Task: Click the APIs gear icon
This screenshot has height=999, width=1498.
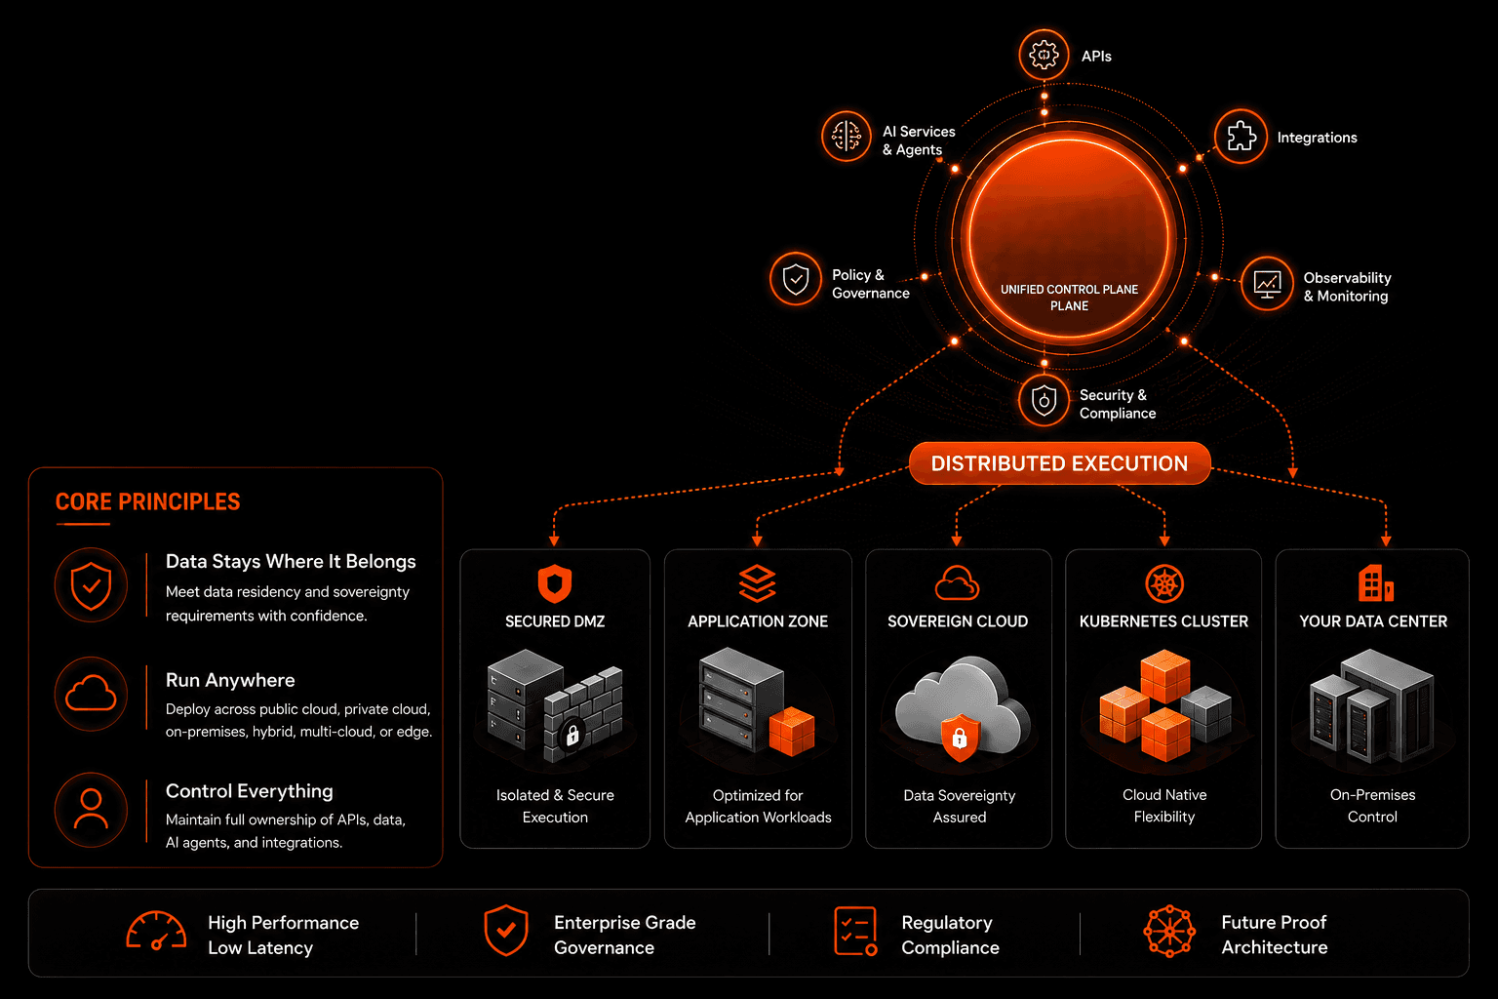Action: pyautogui.click(x=1044, y=55)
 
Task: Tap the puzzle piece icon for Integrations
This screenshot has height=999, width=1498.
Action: pyautogui.click(x=1241, y=137)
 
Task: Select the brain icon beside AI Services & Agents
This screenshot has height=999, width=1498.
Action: pyautogui.click(x=846, y=136)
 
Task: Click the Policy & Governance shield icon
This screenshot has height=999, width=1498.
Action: pyautogui.click(x=795, y=278)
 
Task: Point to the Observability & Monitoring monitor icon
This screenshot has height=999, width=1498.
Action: pyautogui.click(x=1267, y=284)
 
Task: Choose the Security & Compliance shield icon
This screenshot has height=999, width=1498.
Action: pyautogui.click(x=1044, y=400)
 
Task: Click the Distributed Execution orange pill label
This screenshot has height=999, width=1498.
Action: pyautogui.click(x=1059, y=463)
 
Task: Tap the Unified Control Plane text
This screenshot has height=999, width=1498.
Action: pyautogui.click(x=1069, y=298)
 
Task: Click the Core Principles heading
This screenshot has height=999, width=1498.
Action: pyautogui.click(x=148, y=501)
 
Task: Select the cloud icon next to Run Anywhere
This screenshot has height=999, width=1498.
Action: pyautogui.click(x=91, y=694)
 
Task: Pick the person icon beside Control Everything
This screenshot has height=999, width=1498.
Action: pyautogui.click(x=91, y=810)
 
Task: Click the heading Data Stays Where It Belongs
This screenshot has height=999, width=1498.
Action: pyautogui.click(x=291, y=561)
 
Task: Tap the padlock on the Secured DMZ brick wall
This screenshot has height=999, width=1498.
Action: pyautogui.click(x=572, y=734)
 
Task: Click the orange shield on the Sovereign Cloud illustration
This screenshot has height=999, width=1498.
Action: pyautogui.click(x=960, y=738)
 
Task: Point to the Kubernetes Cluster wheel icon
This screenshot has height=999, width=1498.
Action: pyautogui.click(x=1164, y=582)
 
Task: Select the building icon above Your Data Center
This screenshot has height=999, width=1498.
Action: pyautogui.click(x=1375, y=583)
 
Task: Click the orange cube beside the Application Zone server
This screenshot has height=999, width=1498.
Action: pyautogui.click(x=792, y=731)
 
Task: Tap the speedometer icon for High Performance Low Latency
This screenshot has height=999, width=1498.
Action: pyautogui.click(x=156, y=931)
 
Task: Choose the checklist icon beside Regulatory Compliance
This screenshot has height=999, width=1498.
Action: pyautogui.click(x=855, y=931)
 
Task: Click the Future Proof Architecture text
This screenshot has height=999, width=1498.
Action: pyautogui.click(x=1274, y=935)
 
